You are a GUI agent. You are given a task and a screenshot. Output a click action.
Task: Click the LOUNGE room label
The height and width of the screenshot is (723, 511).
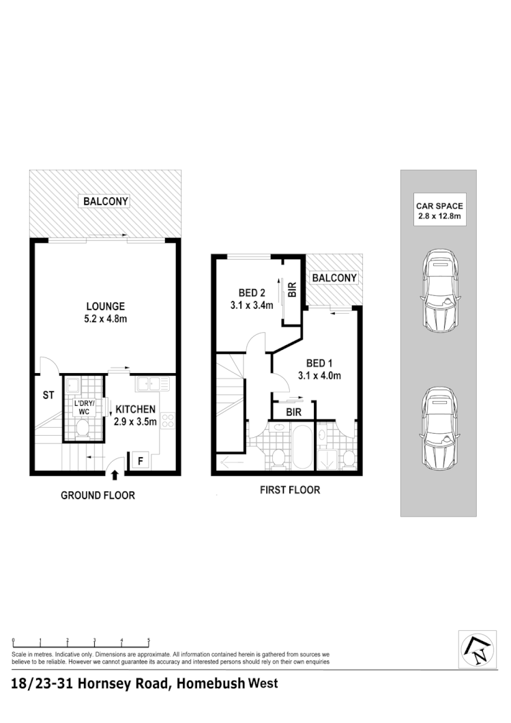(105, 306)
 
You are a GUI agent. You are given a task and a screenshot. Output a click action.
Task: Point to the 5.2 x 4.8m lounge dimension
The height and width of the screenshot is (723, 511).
(105, 318)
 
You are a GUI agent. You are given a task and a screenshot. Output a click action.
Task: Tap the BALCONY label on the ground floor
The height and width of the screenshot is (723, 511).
(106, 201)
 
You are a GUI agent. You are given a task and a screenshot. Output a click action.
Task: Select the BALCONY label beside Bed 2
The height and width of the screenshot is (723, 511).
(334, 278)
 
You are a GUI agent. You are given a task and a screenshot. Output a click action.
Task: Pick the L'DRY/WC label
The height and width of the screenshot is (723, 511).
(83, 408)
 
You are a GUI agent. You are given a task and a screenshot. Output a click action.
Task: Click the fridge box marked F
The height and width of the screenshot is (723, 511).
(140, 460)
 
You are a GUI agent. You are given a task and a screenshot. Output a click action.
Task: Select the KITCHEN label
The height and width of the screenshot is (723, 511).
(136, 409)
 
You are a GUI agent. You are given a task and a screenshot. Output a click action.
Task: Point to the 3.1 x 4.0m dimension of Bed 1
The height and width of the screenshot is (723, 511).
(319, 375)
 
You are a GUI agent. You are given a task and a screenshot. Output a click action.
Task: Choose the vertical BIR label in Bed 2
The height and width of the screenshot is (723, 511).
(292, 289)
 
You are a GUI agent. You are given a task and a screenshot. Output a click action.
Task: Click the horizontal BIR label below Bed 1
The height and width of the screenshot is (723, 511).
(293, 413)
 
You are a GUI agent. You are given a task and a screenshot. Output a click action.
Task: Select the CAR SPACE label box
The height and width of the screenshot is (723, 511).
(439, 211)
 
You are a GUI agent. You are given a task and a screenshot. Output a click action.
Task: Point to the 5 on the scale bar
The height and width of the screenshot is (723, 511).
(149, 640)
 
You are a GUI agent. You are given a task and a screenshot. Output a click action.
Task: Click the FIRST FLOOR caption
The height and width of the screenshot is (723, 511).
(290, 490)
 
